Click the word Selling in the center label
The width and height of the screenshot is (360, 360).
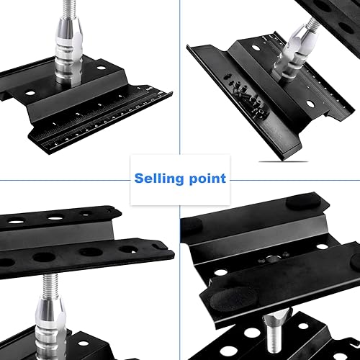(157, 178)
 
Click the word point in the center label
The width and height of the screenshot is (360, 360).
(205, 179)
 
